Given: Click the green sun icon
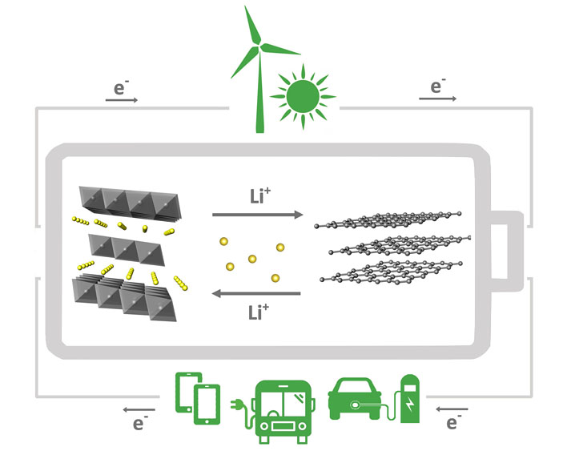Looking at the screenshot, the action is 303,96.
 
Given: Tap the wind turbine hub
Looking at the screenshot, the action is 259,46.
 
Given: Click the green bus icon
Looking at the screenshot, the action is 284,412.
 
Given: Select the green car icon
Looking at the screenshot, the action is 355,399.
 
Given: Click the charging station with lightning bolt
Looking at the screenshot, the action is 410,399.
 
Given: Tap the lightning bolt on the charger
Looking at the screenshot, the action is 410,405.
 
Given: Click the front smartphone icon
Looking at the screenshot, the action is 207,405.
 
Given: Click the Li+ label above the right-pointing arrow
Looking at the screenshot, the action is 260,195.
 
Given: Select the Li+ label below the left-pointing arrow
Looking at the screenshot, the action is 258,312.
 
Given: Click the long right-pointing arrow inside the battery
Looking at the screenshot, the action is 258,215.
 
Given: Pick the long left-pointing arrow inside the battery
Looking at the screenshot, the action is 256,293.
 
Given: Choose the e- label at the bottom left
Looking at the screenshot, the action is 140,423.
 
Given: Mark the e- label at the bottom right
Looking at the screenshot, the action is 454,422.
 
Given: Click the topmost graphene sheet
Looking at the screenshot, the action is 388,219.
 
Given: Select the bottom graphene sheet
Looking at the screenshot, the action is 392,272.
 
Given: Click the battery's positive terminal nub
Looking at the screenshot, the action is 507,251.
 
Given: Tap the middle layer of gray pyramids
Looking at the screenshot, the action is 127,250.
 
